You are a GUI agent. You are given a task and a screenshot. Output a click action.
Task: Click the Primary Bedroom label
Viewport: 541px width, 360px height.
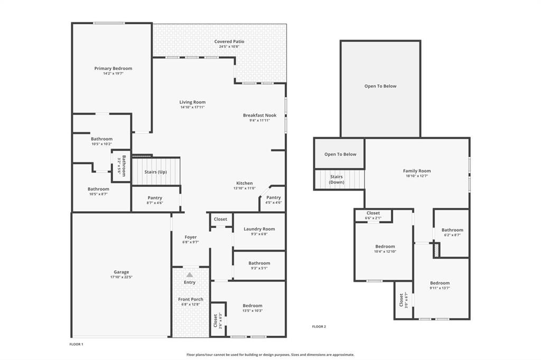point(113,68)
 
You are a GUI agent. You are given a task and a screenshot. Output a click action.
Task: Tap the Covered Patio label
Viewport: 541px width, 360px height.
point(229,41)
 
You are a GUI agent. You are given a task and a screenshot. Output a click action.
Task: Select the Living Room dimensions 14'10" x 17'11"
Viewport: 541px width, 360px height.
point(192,107)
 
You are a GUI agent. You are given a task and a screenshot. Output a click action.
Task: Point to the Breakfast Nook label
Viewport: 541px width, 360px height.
point(259,115)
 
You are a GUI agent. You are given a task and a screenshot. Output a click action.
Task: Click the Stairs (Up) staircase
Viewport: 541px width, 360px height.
point(156,171)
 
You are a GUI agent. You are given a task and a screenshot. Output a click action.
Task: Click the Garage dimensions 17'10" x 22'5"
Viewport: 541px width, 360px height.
point(121,277)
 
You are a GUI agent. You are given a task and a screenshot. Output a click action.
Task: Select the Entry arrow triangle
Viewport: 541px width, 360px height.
point(190,274)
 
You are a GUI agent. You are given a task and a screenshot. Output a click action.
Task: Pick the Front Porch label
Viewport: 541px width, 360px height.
point(190,299)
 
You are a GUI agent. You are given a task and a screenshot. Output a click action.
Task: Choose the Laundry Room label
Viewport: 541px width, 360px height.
point(259,229)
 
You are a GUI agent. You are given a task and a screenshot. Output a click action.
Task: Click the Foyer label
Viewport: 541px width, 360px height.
point(190,237)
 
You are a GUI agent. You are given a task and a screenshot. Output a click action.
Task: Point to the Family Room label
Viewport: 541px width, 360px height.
point(417,171)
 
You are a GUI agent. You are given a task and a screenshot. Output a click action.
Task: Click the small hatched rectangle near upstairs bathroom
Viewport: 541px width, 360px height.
point(436,250)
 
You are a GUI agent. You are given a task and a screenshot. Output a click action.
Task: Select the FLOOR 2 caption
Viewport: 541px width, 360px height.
point(319,327)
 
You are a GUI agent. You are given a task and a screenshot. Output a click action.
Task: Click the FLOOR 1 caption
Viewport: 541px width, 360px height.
point(77,344)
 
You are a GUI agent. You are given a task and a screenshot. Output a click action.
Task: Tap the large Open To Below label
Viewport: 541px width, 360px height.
point(380,86)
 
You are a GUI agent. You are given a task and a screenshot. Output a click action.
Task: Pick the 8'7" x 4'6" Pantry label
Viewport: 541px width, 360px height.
point(155,198)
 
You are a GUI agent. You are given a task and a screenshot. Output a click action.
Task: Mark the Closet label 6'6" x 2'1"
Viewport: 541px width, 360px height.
point(373,213)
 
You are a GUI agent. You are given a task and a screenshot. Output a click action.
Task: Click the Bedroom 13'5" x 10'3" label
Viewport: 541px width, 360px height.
point(252,306)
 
